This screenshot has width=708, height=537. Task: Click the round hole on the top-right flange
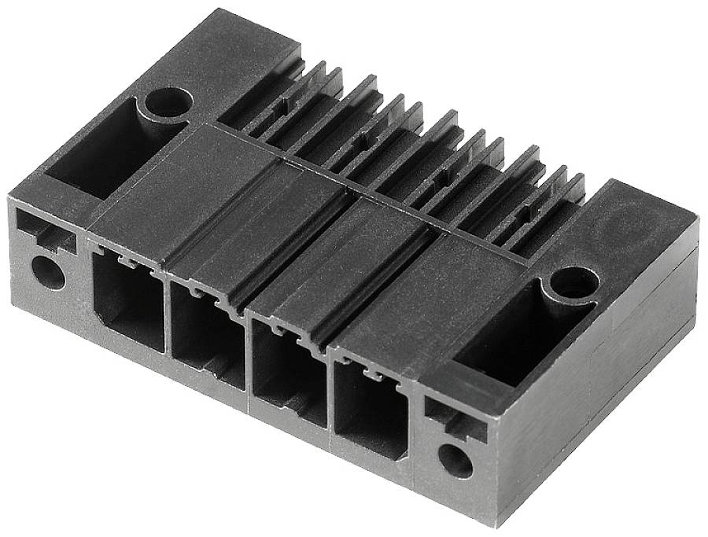(x=574, y=281)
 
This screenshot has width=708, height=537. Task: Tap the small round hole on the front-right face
(x=455, y=458)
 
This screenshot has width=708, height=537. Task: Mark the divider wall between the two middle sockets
(x=247, y=358)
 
